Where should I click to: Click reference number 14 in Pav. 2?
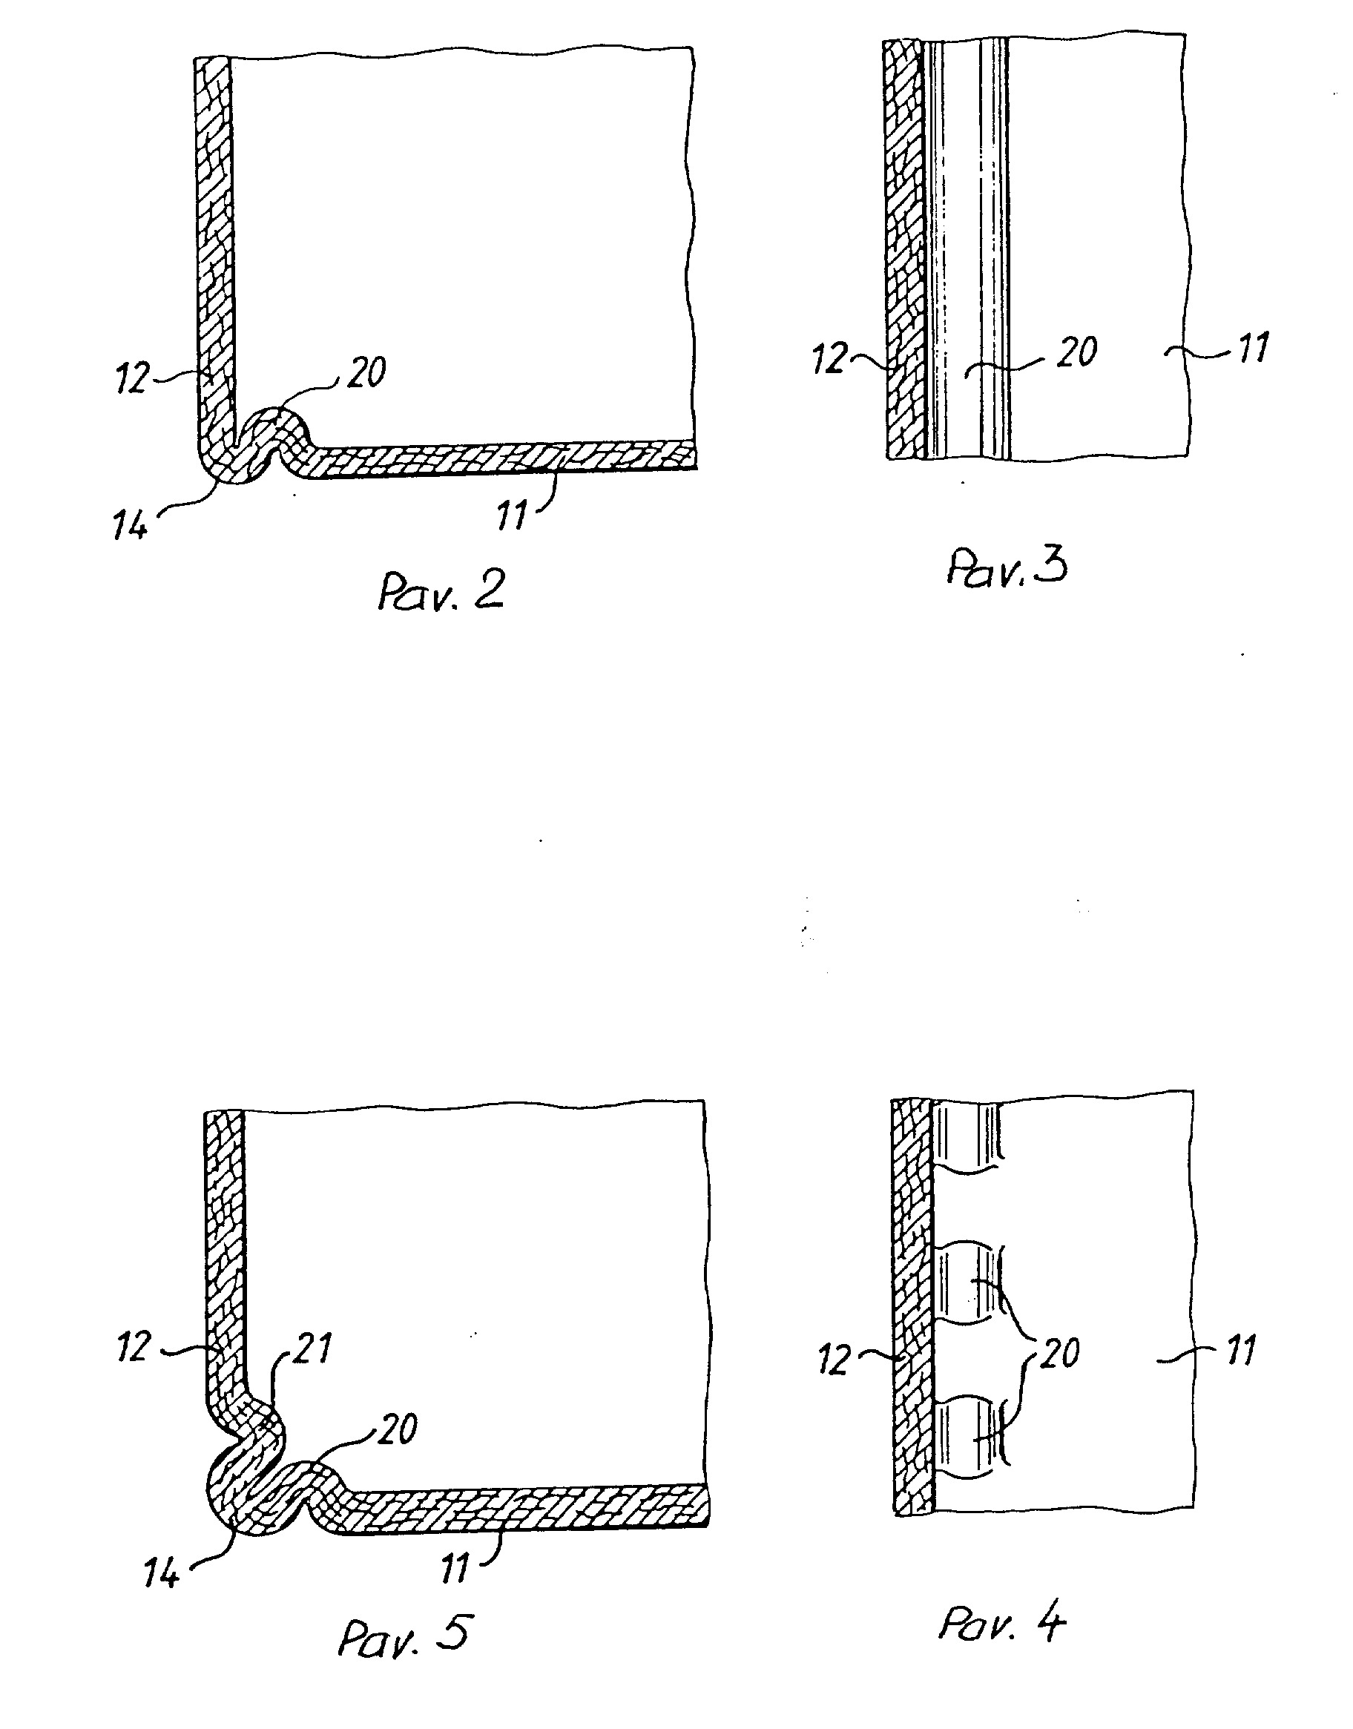coord(131,525)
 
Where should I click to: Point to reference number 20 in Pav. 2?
coord(366,372)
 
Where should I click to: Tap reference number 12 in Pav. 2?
coord(132,378)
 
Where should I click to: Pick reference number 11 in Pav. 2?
coord(512,516)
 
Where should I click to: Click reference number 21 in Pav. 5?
coord(312,1347)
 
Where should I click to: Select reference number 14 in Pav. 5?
coord(162,1575)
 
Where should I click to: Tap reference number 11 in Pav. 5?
coord(455,1569)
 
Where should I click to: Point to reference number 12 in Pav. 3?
coord(830,359)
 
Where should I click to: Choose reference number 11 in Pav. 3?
coord(1253,348)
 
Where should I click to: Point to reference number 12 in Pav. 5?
coord(134,1347)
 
